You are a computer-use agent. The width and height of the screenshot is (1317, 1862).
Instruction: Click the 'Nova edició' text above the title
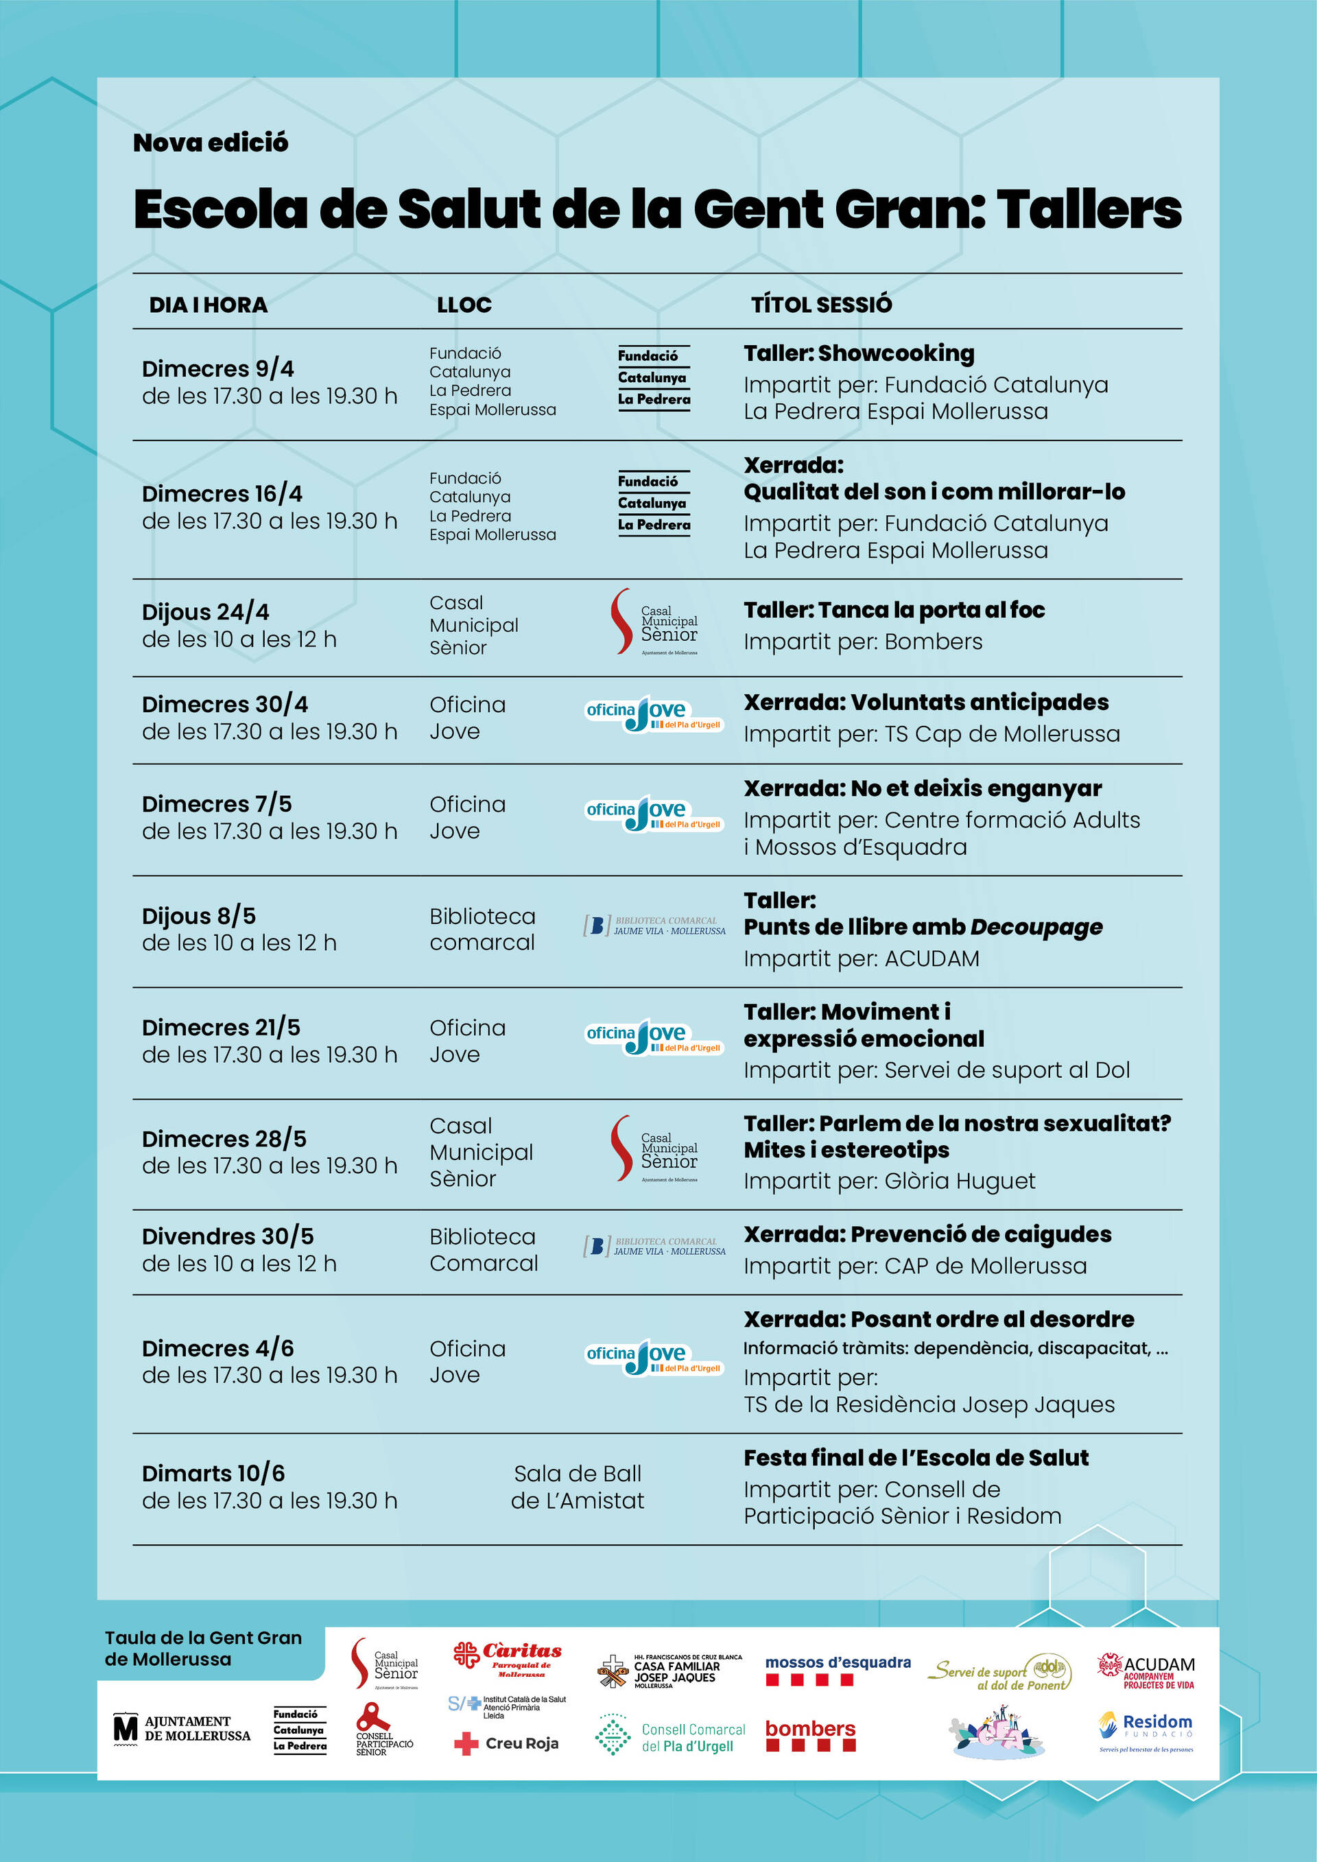point(210,143)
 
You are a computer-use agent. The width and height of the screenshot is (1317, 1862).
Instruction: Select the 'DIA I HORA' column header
point(208,305)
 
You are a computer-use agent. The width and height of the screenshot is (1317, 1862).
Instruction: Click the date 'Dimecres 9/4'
point(217,369)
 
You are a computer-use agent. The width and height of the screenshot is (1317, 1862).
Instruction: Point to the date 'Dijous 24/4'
point(205,612)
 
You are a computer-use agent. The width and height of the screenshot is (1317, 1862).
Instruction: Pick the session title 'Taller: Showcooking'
point(859,353)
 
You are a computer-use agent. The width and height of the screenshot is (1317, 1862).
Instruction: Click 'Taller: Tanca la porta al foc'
point(894,610)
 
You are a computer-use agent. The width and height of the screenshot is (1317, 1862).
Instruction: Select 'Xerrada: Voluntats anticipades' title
point(926,703)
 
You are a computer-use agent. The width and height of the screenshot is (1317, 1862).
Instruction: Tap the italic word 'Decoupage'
point(1036,927)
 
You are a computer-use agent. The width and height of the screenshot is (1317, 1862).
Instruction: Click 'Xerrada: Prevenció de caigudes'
point(927,1234)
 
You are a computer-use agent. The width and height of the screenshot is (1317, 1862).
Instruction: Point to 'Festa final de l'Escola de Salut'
point(916,1457)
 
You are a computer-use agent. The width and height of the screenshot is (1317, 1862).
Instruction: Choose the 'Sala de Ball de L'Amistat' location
point(578,1487)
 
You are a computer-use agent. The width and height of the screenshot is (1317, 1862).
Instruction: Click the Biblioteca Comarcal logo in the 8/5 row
point(654,926)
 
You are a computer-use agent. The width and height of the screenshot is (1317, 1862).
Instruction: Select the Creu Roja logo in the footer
point(507,1743)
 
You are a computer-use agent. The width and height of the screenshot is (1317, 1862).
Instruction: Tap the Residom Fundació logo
point(1145,1732)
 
